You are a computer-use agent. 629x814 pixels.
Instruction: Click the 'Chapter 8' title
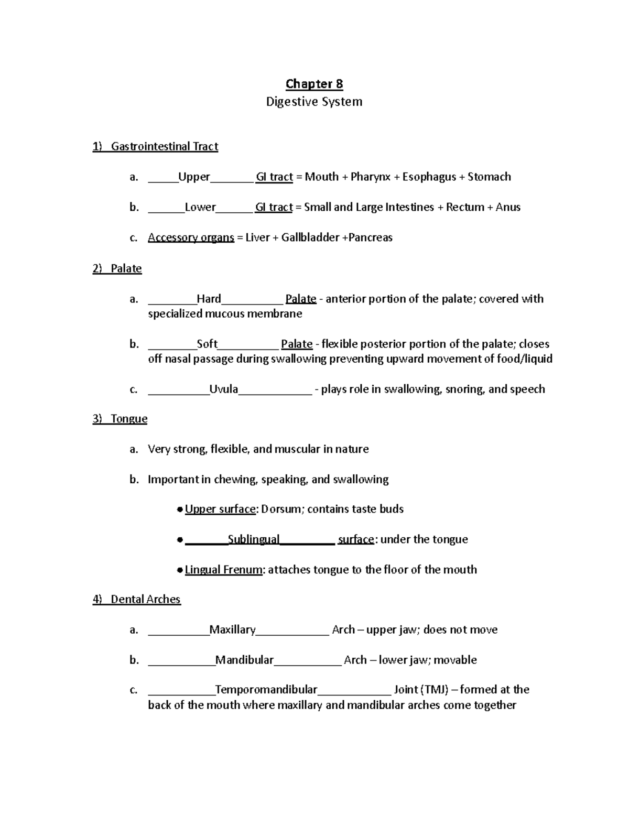click(314, 84)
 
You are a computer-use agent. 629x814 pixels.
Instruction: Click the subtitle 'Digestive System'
click(314, 102)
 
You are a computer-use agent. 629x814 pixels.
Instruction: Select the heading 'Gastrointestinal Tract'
click(164, 146)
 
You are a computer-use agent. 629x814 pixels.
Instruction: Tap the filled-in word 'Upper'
click(194, 177)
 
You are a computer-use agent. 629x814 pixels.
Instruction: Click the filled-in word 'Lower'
click(200, 207)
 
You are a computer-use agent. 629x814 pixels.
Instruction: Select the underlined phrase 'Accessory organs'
click(191, 237)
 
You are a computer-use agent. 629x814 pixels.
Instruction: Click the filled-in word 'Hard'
click(209, 299)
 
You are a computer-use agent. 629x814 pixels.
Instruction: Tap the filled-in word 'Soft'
click(207, 344)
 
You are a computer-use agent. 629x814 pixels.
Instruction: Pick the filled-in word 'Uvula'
click(224, 389)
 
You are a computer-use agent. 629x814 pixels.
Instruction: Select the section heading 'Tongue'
click(129, 419)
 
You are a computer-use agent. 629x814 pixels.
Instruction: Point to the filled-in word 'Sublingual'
click(254, 539)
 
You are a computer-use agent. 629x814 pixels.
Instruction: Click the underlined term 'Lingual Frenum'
click(224, 570)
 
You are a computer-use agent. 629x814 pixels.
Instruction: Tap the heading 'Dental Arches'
click(146, 599)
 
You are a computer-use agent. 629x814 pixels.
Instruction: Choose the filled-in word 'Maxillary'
click(232, 630)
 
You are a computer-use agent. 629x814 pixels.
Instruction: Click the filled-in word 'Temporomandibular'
click(266, 689)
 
